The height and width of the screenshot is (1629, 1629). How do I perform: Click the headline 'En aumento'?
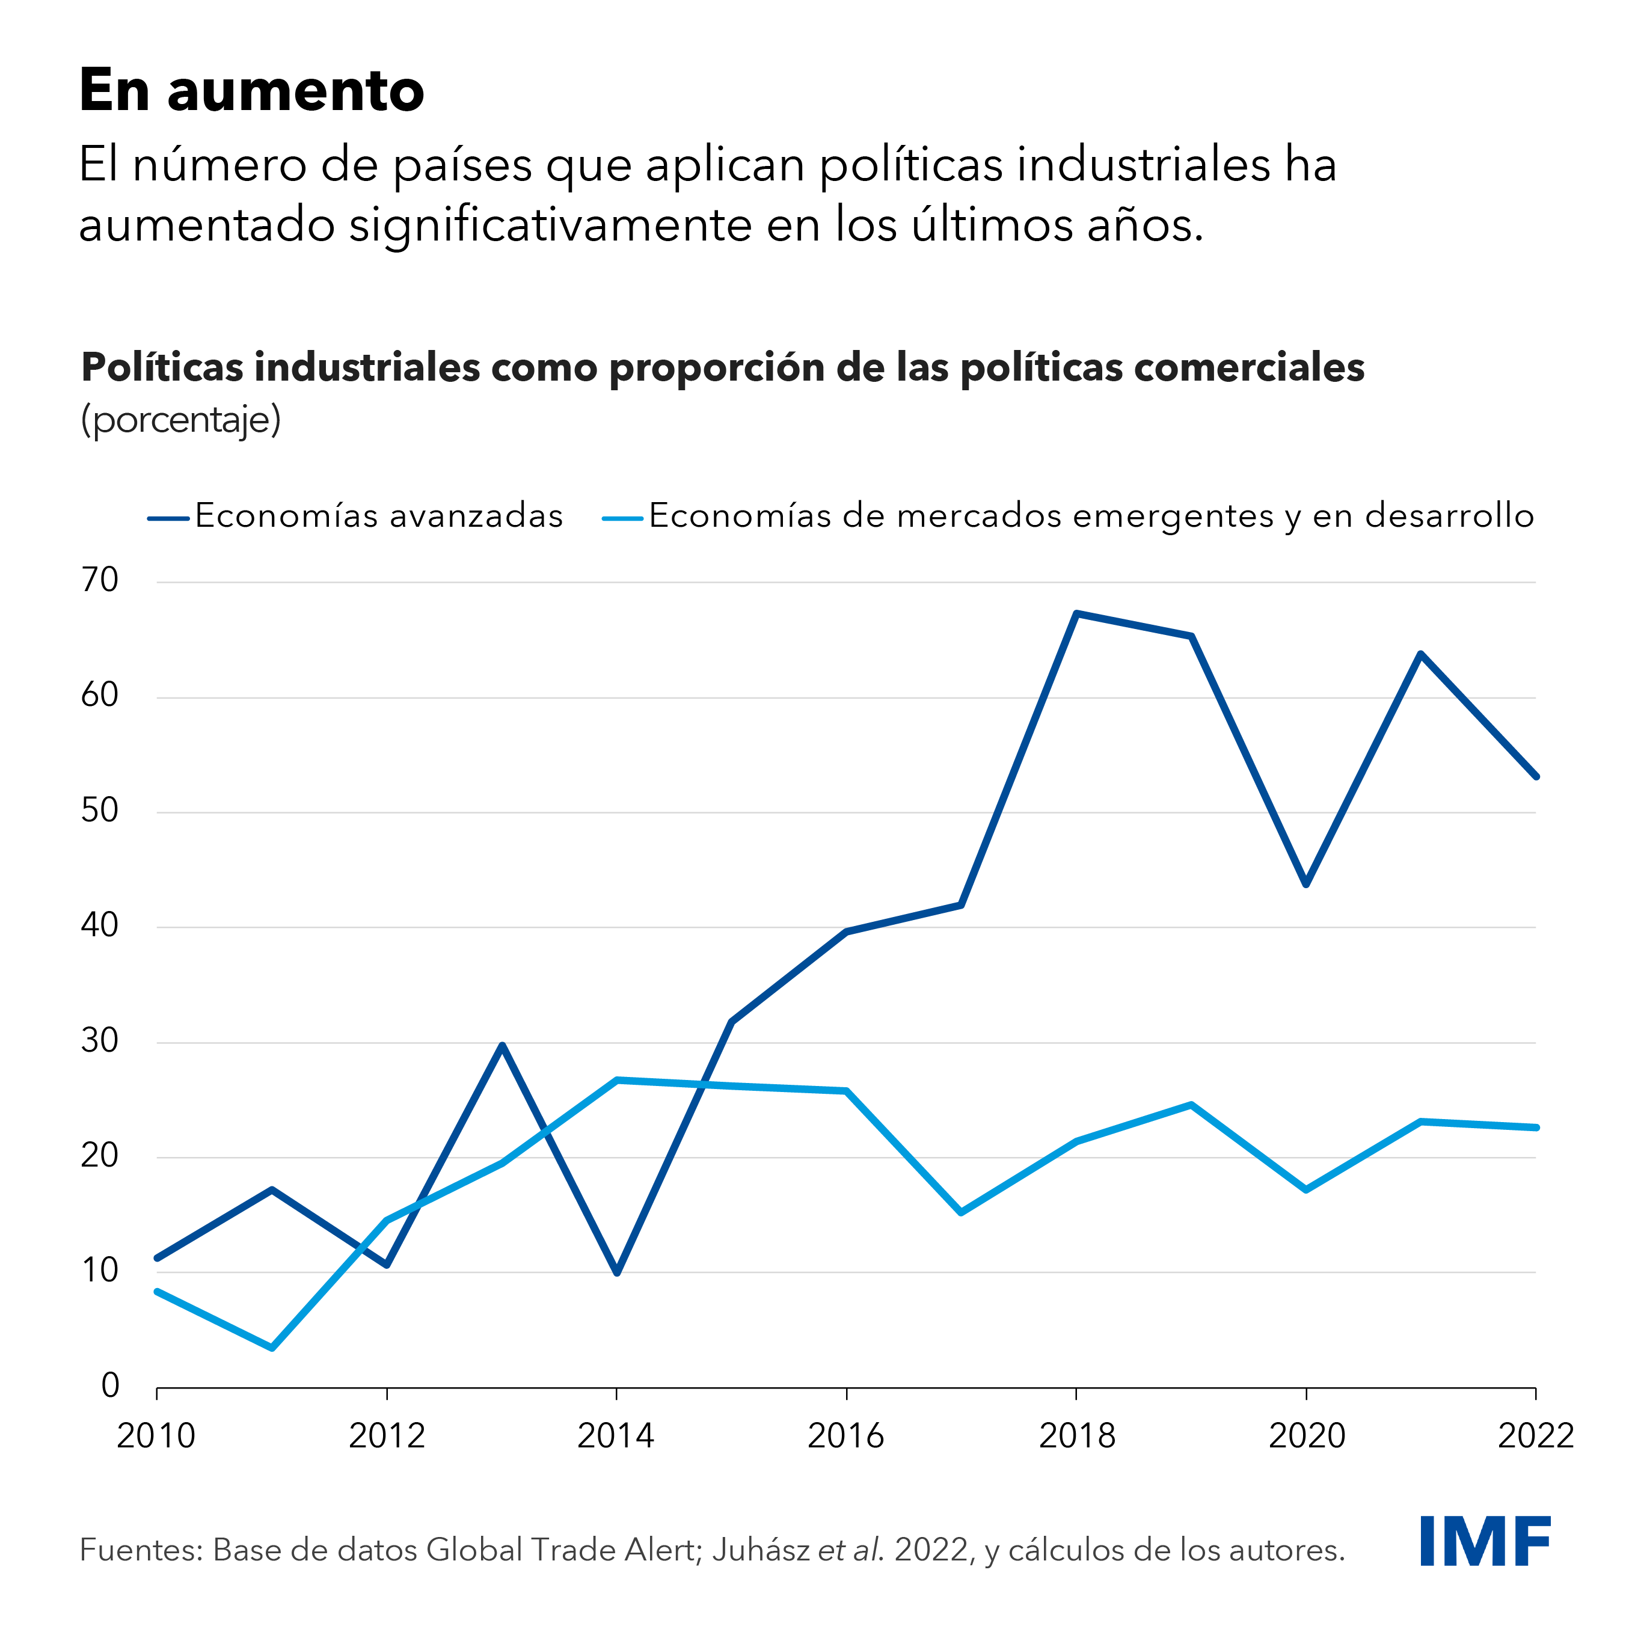click(251, 90)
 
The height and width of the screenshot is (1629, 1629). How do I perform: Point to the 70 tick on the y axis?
click(99, 580)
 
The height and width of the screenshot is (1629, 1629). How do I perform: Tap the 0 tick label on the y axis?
click(109, 1385)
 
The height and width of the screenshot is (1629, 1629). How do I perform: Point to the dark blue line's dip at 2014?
click(616, 1272)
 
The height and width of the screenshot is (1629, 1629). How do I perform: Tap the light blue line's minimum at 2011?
click(272, 1348)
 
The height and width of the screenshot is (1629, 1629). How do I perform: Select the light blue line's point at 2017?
click(961, 1212)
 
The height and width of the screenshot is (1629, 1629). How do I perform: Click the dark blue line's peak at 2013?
click(502, 1046)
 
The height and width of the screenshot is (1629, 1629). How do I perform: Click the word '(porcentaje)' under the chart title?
click(180, 419)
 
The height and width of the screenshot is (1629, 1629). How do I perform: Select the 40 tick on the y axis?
click(99, 926)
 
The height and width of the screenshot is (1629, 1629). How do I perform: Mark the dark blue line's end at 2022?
click(1535, 776)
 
